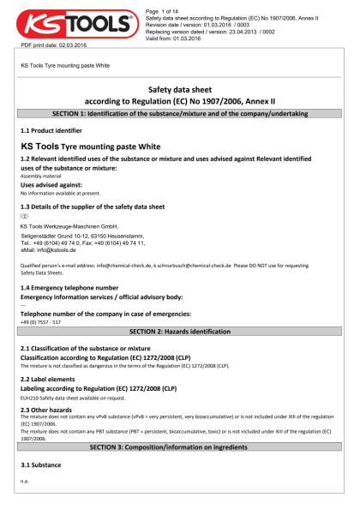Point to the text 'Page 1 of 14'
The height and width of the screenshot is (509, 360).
coord(165,8)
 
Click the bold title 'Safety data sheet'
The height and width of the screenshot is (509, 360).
coord(180,88)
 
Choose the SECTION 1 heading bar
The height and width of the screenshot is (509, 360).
coord(180,113)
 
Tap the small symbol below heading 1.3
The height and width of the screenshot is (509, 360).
coord(24,217)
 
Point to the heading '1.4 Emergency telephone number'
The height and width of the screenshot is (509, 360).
coord(69,287)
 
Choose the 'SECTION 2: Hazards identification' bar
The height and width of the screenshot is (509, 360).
coord(180,331)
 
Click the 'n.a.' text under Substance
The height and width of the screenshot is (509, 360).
coord(25,482)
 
